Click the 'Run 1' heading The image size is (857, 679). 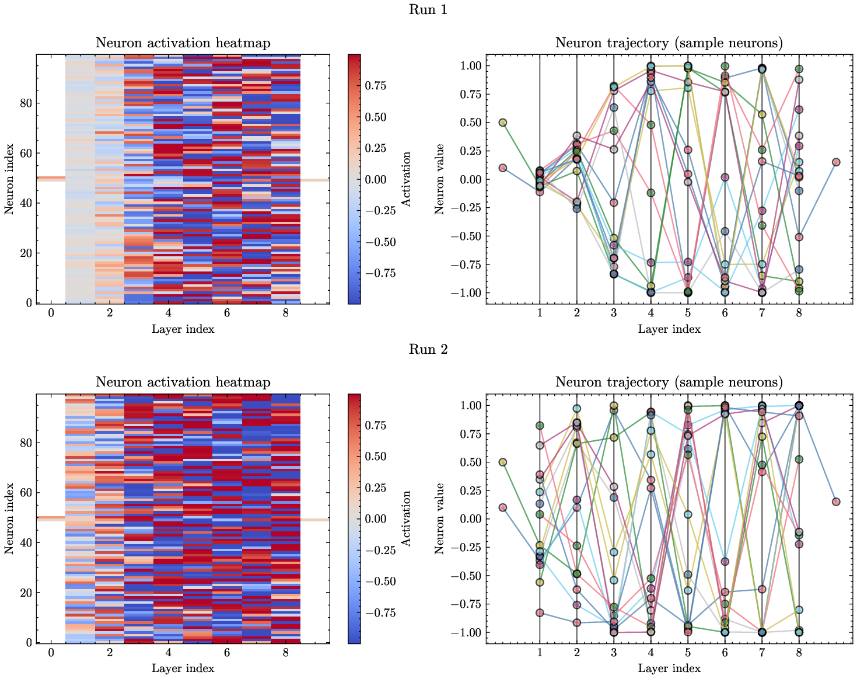click(x=428, y=10)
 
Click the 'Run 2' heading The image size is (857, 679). click(x=428, y=349)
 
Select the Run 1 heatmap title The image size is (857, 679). click(x=183, y=43)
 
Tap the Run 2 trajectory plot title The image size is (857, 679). click(x=669, y=382)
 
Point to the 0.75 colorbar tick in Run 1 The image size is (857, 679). click(x=379, y=86)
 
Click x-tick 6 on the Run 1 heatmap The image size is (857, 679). click(x=227, y=313)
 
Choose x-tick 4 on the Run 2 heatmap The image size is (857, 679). click(x=168, y=653)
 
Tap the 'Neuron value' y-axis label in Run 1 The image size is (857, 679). click(x=439, y=179)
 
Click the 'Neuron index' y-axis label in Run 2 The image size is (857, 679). click(x=9, y=518)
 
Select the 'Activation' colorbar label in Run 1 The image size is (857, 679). click(x=407, y=179)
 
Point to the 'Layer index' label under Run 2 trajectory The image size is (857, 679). click(x=669, y=668)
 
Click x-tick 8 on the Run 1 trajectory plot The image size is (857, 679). click(x=799, y=313)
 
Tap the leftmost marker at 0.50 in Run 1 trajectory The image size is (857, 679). click(x=502, y=123)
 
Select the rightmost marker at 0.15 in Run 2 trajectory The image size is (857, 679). click(x=836, y=502)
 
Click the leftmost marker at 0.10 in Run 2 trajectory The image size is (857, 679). click(x=502, y=507)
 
